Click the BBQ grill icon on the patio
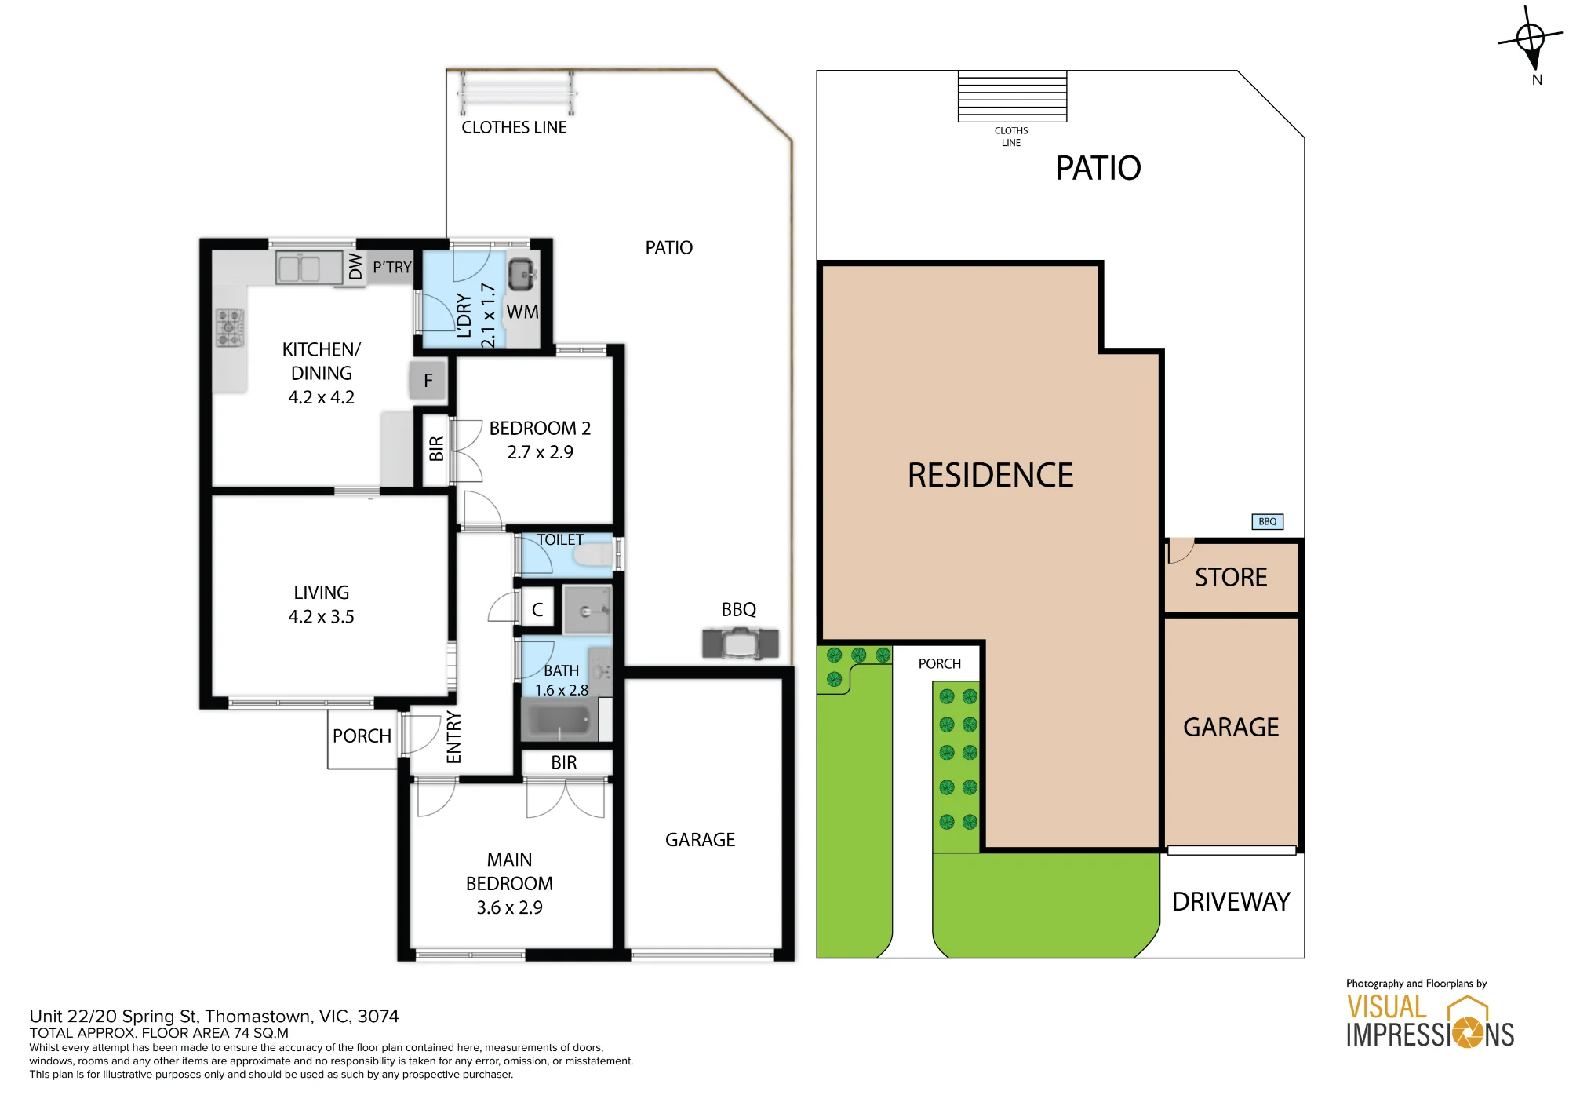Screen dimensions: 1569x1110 (741, 644)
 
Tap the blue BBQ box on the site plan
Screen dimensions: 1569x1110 (1267, 522)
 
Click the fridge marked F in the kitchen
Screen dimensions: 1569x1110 (428, 381)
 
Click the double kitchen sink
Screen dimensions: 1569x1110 (309, 268)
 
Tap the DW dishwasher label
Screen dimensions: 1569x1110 (355, 267)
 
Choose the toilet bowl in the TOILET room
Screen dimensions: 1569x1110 (593, 556)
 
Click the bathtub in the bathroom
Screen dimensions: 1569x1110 (556, 721)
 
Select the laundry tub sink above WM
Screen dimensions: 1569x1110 (522, 275)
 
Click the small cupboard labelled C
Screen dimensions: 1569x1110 (537, 609)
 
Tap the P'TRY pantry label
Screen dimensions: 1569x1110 (392, 268)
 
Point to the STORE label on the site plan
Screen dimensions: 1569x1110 (1231, 578)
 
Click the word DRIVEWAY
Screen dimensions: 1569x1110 (1231, 902)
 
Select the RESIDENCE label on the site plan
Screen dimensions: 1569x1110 (990, 476)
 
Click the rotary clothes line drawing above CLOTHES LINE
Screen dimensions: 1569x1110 (517, 93)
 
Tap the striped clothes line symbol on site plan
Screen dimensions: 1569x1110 (1012, 97)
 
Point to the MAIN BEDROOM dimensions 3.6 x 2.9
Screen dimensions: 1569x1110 (509, 907)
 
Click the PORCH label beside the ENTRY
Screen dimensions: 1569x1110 (362, 736)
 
